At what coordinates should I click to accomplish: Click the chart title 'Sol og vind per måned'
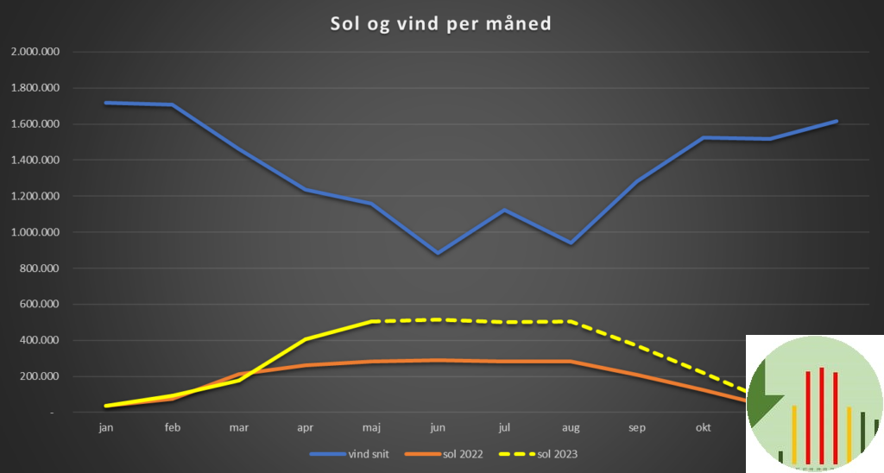[x=440, y=23]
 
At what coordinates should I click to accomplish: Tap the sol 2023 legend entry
[x=557, y=453]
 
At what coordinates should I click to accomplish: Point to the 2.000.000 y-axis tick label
[x=35, y=52]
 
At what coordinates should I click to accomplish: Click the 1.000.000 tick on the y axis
[x=35, y=232]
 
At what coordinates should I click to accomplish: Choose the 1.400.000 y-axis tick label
[x=35, y=160]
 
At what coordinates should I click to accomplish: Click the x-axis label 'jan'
[x=106, y=426]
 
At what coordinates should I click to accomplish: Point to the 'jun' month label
[x=438, y=426]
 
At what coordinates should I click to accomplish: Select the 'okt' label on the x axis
[x=704, y=426]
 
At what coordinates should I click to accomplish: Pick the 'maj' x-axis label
[x=371, y=426]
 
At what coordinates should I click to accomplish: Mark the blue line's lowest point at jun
[x=438, y=253]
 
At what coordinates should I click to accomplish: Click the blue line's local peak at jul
[x=504, y=211]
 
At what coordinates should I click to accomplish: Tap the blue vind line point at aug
[x=571, y=243]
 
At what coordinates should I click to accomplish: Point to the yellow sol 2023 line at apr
[x=306, y=339]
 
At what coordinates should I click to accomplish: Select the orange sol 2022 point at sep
[x=637, y=375]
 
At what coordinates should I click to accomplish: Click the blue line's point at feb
[x=173, y=105]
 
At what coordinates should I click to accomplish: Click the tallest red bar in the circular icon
[x=822, y=414]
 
